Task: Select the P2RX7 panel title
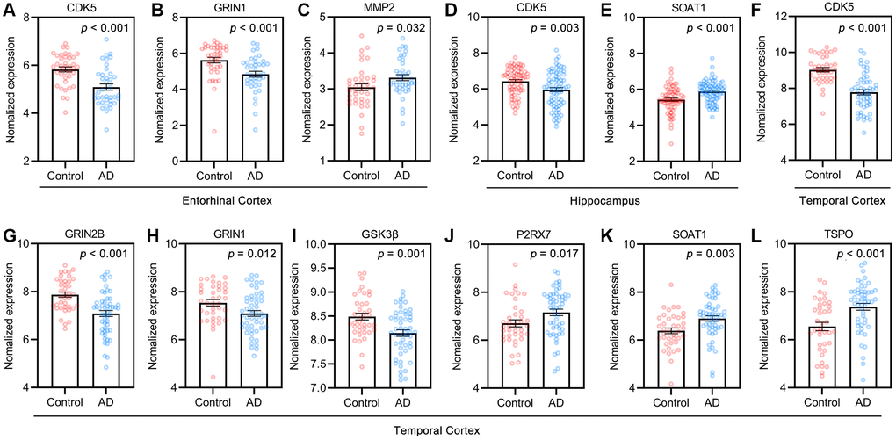pos(496,236)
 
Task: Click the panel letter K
pos(604,236)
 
